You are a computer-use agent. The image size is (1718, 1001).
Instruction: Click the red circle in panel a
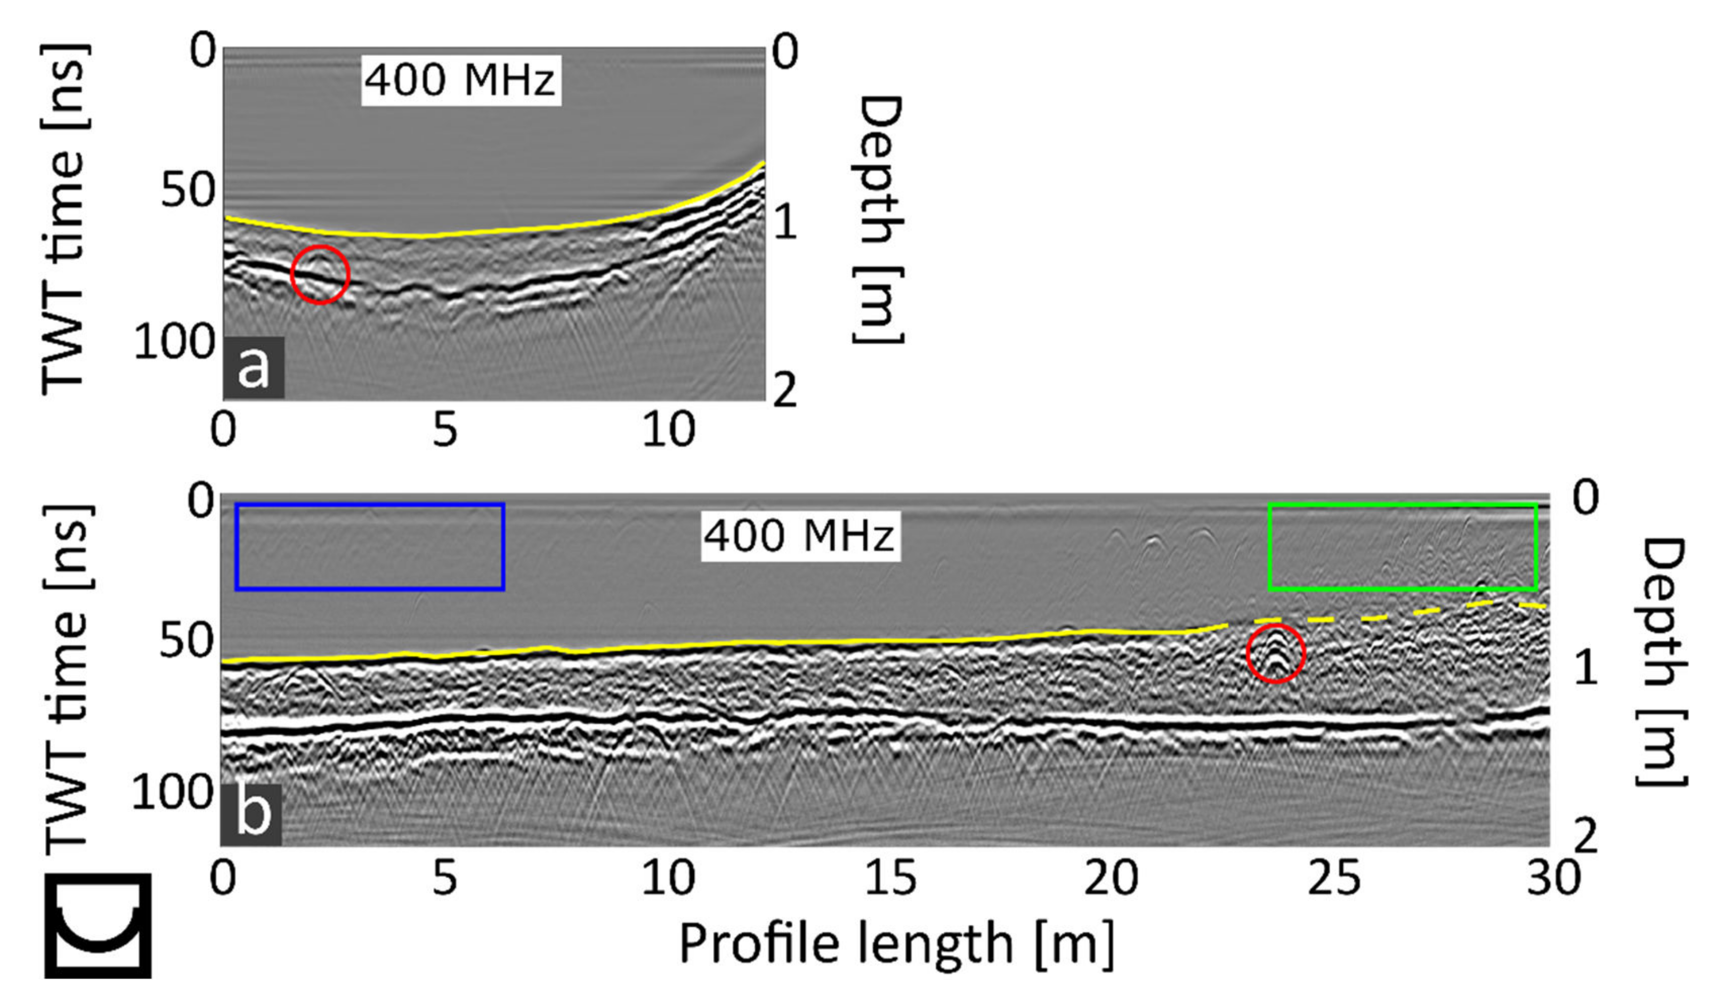tap(320, 274)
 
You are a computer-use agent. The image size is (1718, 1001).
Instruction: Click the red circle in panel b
tap(1275, 653)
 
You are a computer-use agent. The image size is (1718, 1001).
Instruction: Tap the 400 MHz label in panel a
tap(460, 80)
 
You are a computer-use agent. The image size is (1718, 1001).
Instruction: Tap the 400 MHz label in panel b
tap(800, 536)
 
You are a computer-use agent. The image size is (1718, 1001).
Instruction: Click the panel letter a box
tap(254, 368)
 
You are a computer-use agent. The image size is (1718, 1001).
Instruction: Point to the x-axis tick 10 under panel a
tap(669, 430)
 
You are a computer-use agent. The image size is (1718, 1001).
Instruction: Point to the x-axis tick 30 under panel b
tap(1552, 878)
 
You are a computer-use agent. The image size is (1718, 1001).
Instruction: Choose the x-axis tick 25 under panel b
tap(1333, 878)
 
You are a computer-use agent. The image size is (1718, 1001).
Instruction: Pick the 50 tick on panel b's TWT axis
tap(186, 641)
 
